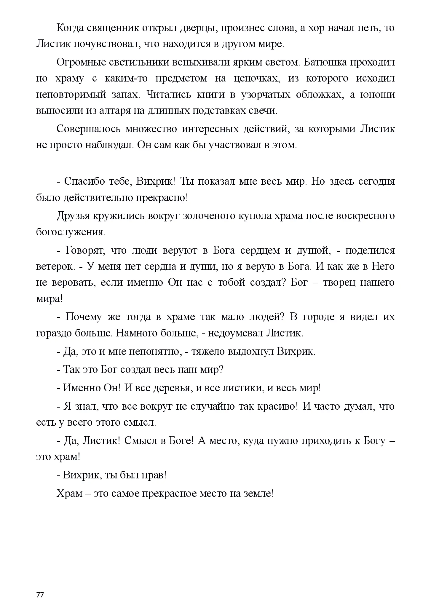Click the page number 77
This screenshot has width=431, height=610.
40,587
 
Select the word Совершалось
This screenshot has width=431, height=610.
88,129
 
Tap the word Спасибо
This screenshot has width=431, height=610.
84,181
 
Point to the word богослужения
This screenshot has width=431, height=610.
71,232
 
